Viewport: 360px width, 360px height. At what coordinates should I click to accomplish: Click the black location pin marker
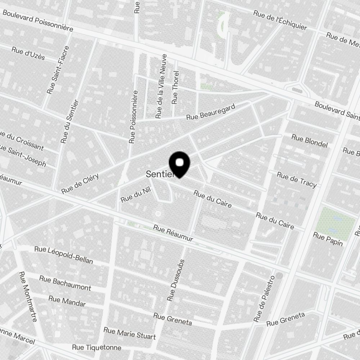click(179, 164)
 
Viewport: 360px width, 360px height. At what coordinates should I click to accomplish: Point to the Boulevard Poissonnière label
click(38, 21)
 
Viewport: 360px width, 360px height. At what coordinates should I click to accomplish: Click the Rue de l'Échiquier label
click(280, 20)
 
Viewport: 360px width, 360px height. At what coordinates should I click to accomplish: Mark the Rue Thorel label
click(175, 87)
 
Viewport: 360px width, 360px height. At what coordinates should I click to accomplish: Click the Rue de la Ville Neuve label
click(161, 86)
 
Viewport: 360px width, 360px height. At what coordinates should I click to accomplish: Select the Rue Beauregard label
click(211, 112)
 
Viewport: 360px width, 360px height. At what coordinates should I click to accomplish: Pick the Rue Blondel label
click(310, 141)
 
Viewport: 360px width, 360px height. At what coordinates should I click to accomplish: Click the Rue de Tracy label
click(297, 180)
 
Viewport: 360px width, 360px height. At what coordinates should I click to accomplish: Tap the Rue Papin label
click(328, 239)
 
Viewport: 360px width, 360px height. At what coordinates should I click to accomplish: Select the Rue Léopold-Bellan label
click(64, 255)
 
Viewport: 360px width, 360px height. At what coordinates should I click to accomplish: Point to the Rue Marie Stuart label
click(130, 333)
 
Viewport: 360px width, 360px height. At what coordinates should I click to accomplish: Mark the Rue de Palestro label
click(264, 299)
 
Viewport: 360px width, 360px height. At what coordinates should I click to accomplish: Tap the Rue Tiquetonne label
click(96, 347)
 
